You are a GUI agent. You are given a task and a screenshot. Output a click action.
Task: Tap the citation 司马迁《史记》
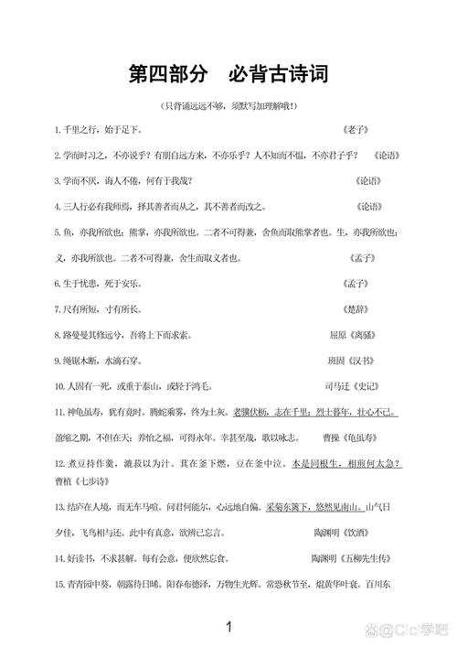click(353, 387)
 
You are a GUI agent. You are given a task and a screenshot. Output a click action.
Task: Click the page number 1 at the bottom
click(228, 627)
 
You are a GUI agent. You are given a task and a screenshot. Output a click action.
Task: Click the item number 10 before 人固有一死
click(59, 387)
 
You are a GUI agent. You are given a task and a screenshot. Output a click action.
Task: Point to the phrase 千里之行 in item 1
click(79, 130)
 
